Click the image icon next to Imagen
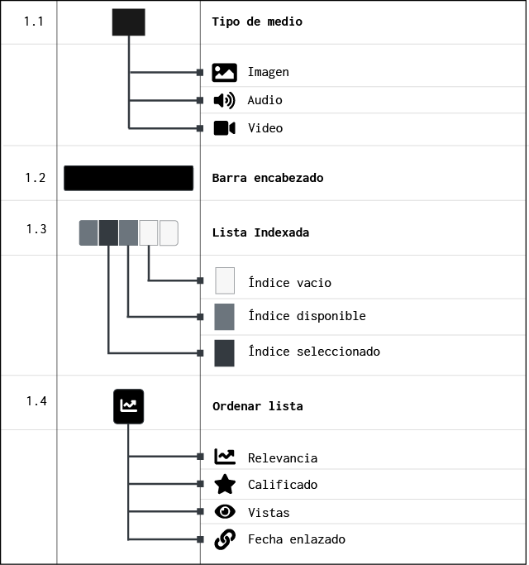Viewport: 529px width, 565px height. coord(224,73)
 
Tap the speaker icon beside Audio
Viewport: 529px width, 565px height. coord(224,100)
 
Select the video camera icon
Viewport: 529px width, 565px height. coord(224,128)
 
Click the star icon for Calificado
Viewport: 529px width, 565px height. coord(225,484)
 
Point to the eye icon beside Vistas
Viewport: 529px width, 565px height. coord(225,511)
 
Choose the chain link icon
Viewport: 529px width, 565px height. coord(225,539)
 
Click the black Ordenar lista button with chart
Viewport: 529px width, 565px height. coord(129,406)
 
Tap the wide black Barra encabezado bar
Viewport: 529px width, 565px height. coord(129,178)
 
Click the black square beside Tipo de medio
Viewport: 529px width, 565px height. coord(129,22)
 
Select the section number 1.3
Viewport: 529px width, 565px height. coord(36,229)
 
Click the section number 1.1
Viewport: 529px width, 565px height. coord(34,22)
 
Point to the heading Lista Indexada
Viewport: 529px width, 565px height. coord(260,232)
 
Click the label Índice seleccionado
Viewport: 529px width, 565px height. coord(314,351)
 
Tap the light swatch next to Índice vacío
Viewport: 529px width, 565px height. coord(225,280)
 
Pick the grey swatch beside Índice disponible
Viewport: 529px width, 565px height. coord(224,317)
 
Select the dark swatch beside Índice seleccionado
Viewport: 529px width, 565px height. coord(224,353)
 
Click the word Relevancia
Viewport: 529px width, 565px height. coord(283,458)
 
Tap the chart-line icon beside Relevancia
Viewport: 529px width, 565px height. coord(225,457)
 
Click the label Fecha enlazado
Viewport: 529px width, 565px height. coord(297,539)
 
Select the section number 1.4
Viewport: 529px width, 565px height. coord(36,400)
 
